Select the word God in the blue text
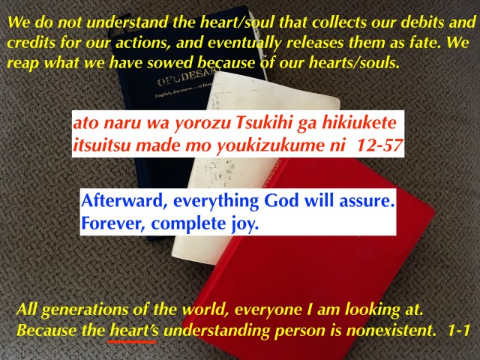click(281, 201)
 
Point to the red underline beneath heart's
click(133, 341)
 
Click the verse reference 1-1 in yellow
click(458, 331)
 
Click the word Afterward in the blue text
click(125, 202)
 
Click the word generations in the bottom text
click(85, 310)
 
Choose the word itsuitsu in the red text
click(103, 145)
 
